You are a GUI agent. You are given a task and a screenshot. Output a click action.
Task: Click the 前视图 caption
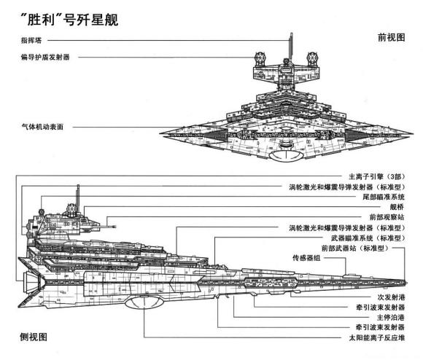coord(391,37)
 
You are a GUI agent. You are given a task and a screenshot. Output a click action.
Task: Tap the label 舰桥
coord(397,206)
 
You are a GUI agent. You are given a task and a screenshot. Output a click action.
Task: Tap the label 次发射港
coord(391,297)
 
